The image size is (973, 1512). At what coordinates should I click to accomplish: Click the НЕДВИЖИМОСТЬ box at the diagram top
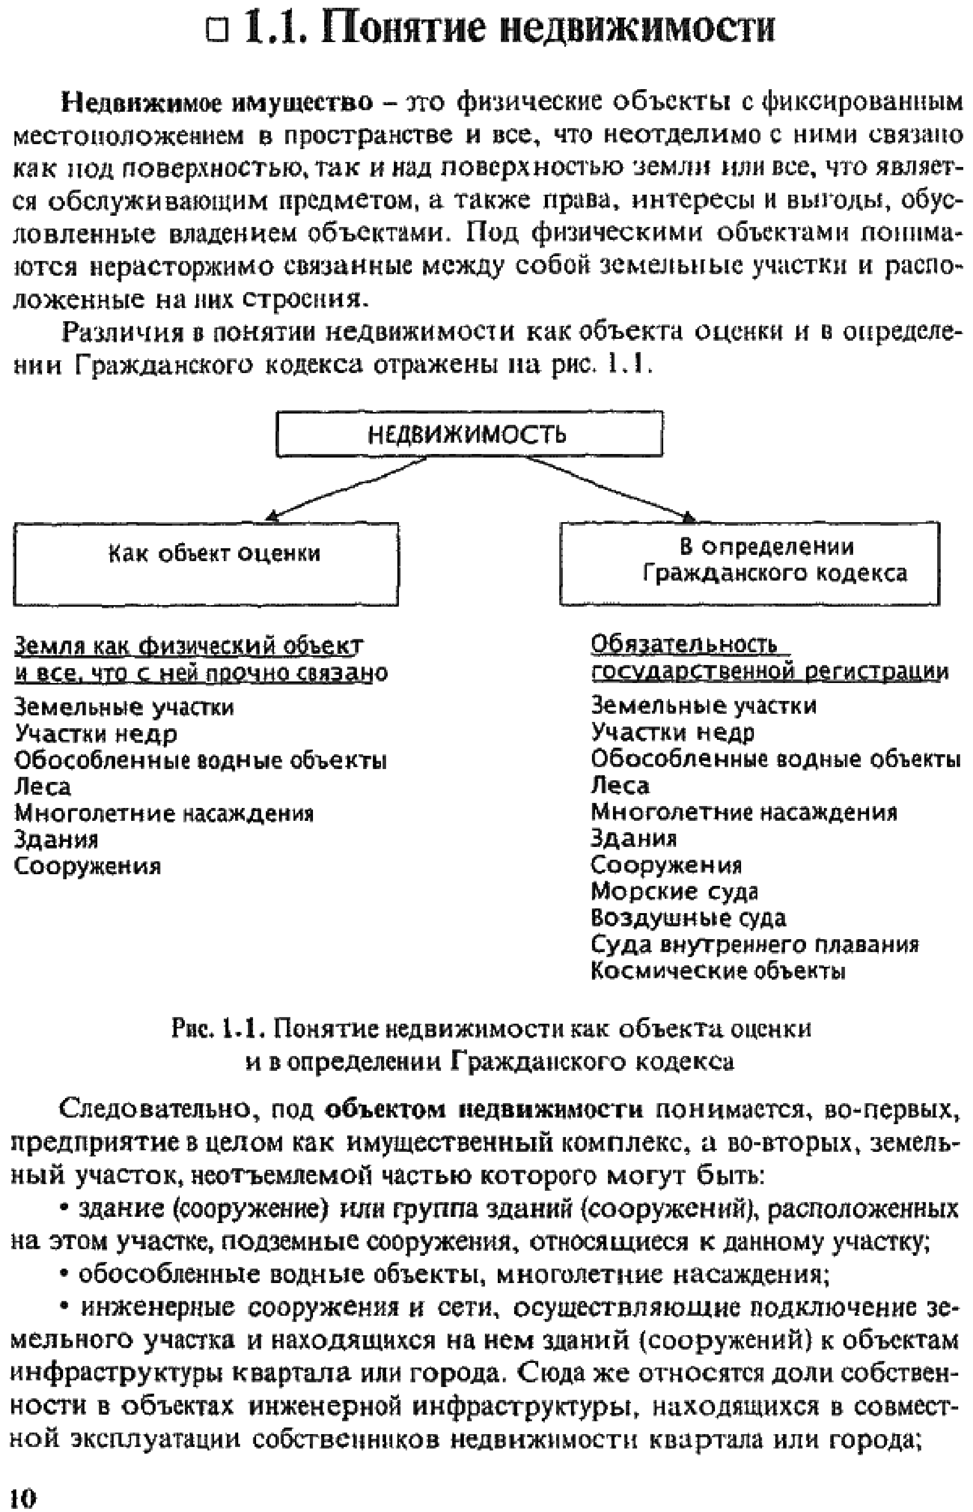pos(469,434)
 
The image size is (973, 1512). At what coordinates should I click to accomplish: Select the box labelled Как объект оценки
pos(206,563)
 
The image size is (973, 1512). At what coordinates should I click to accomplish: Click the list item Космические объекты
pos(718,971)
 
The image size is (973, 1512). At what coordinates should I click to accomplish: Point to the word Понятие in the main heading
pos(404,29)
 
